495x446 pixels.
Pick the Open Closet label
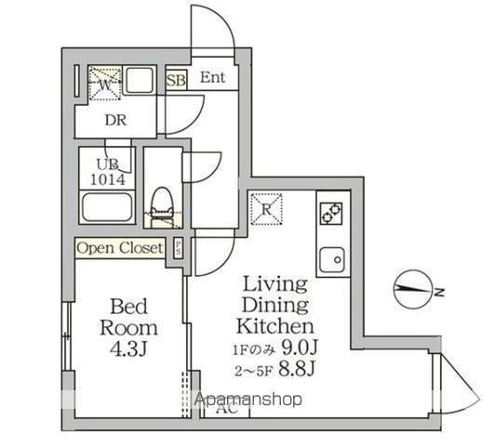(x=120, y=248)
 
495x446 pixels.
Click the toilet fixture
(x=163, y=205)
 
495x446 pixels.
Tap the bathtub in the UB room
(x=106, y=206)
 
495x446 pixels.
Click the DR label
(x=116, y=120)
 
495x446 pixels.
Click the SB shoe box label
(x=176, y=80)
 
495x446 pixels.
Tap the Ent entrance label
(x=213, y=78)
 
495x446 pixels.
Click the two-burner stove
(x=332, y=213)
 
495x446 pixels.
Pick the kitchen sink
(x=332, y=258)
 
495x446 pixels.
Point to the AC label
(x=225, y=408)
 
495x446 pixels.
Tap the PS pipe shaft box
(x=178, y=248)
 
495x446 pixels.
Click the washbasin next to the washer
(x=140, y=83)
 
